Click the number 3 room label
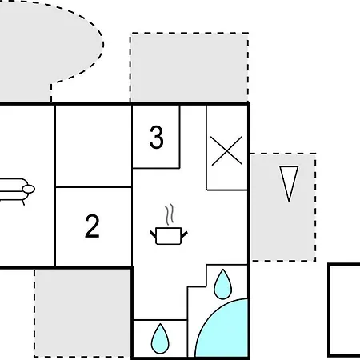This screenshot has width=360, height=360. (x=156, y=137)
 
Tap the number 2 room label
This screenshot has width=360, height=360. (x=92, y=226)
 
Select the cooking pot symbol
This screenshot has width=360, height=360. (x=169, y=236)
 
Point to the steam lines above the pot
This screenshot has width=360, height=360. (x=170, y=214)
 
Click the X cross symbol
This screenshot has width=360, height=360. (x=226, y=151)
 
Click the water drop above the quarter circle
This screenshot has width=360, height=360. (x=223, y=284)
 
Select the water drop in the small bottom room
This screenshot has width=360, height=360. (x=160, y=338)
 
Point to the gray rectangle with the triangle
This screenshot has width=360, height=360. (x=283, y=207)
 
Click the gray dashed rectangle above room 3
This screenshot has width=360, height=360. (x=190, y=67)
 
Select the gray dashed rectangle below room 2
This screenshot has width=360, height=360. (x=82, y=313)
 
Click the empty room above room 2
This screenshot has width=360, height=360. (x=94, y=146)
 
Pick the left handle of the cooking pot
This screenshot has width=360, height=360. (x=153, y=234)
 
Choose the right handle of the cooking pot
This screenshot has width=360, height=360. (x=184, y=234)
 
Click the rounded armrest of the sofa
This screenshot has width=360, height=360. (x=29, y=189)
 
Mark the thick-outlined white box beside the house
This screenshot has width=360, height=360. (x=344, y=310)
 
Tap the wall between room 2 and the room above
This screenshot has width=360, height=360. (x=94, y=187)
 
